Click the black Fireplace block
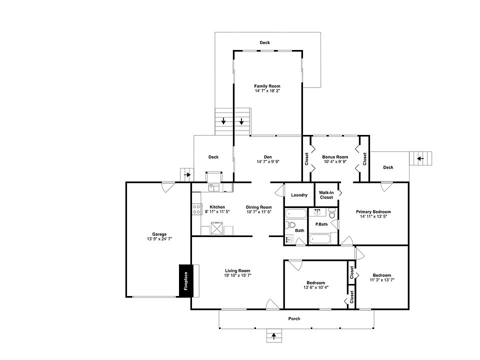(185, 281)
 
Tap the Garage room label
(159, 234)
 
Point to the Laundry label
(299, 195)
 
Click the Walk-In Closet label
(326, 194)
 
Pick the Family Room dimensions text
(267, 91)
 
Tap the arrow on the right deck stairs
(420, 158)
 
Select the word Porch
(294, 318)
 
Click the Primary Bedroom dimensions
(373, 216)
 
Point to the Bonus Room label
(335, 157)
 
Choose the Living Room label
(237, 270)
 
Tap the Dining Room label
(258, 207)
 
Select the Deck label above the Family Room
(264, 42)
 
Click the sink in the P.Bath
(317, 212)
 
